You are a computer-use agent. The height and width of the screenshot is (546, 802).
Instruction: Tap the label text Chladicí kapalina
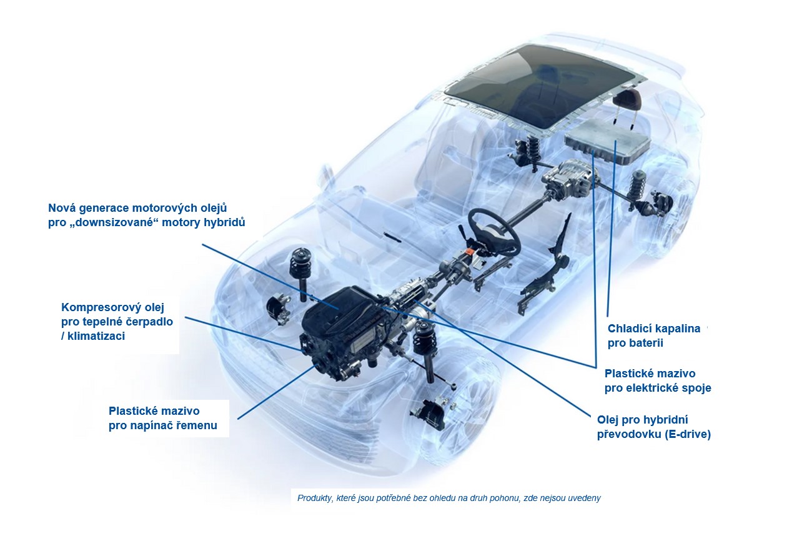pos(654,329)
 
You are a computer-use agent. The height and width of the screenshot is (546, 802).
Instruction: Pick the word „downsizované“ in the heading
pos(114,222)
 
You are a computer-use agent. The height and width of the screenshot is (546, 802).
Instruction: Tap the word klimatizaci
pos(96,336)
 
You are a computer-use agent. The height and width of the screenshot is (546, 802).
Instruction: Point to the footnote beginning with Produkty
pos(449,498)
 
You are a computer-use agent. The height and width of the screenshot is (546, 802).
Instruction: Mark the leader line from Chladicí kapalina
pos(611,229)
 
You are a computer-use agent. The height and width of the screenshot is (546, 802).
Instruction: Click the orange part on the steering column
pos(471,252)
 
